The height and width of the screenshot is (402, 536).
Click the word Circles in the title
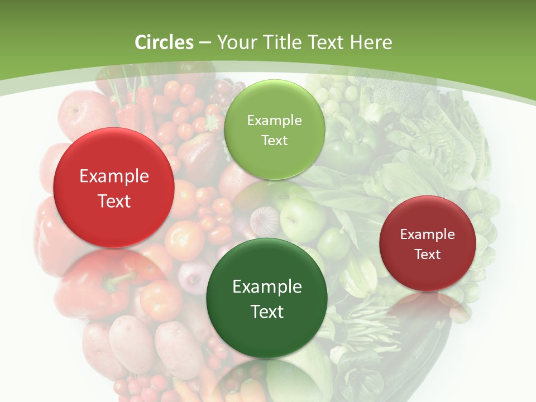(164, 42)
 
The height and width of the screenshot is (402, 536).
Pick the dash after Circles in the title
(205, 43)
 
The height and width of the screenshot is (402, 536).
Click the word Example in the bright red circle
(114, 176)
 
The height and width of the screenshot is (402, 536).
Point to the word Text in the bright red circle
(114, 201)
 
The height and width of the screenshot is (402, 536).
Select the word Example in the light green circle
(274, 120)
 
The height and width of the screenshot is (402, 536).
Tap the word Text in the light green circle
(274, 140)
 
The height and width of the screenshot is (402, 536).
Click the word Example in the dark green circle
(267, 287)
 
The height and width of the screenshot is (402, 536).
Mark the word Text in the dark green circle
(267, 312)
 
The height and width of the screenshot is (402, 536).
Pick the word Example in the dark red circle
(428, 234)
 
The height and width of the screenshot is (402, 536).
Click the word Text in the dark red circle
(428, 255)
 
